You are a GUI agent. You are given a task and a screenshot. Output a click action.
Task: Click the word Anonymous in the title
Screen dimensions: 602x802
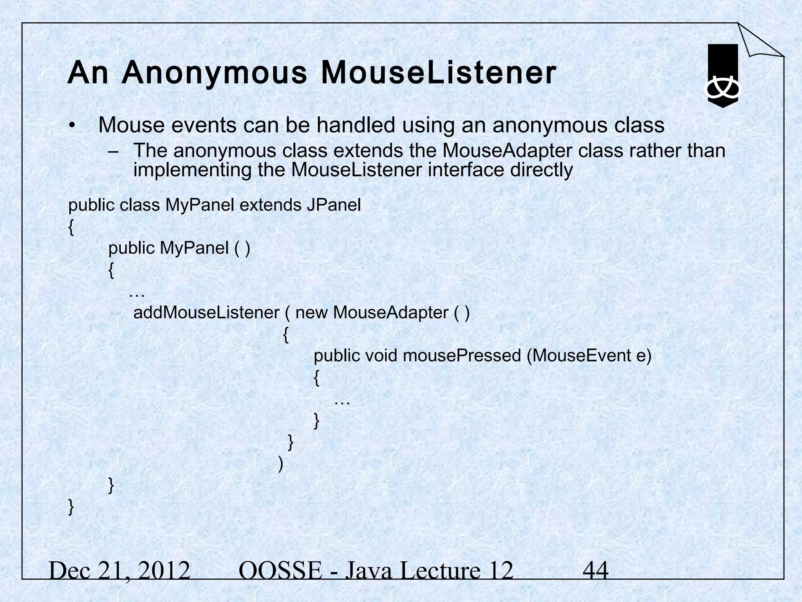coord(214,73)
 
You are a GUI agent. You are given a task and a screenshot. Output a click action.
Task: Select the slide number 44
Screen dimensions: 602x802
coord(595,570)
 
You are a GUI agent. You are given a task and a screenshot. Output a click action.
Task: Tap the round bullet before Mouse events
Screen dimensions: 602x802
coord(71,126)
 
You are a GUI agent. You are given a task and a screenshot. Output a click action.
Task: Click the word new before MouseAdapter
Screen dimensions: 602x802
coord(311,313)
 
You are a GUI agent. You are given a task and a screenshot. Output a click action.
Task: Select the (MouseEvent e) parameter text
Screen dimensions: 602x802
coord(589,356)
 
